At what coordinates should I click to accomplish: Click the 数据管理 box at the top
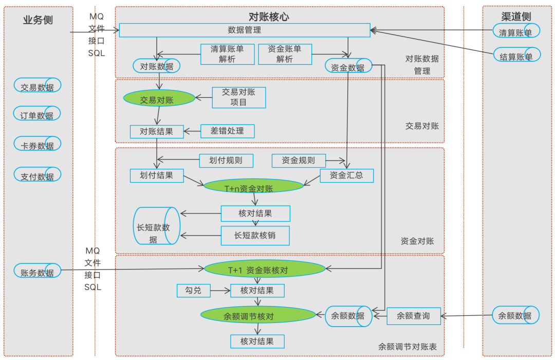pyautogui.click(x=245, y=30)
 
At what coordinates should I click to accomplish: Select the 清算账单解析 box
pyautogui.click(x=227, y=54)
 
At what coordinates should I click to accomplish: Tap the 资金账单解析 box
pyautogui.click(x=285, y=54)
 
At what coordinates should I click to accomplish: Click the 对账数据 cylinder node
pyautogui.click(x=157, y=66)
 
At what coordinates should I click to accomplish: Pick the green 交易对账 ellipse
pyautogui.click(x=159, y=98)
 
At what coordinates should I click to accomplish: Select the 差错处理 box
pyautogui.click(x=227, y=131)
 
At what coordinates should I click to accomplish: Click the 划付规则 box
pyautogui.click(x=226, y=160)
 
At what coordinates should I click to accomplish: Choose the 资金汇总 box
pyautogui.click(x=347, y=175)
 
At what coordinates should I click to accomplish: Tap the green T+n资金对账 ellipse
pyautogui.click(x=253, y=187)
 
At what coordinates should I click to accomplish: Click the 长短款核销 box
pyautogui.click(x=255, y=236)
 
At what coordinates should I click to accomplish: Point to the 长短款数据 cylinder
pyautogui.click(x=156, y=226)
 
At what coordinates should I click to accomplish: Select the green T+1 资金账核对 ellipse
pyautogui.click(x=265, y=269)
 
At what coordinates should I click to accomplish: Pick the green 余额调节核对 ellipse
pyautogui.click(x=258, y=315)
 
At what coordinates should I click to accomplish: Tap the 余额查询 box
pyautogui.click(x=414, y=316)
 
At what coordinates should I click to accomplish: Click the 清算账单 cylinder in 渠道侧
pyautogui.click(x=516, y=31)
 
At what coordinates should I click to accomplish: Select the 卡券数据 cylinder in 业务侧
pyautogui.click(x=38, y=144)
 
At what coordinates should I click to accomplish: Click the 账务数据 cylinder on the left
pyautogui.click(x=38, y=271)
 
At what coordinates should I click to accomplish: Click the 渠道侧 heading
pyautogui.click(x=516, y=16)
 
